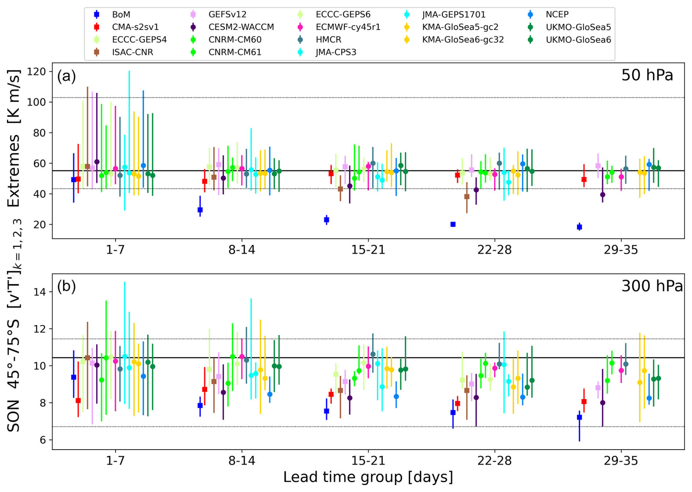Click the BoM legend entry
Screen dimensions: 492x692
121,15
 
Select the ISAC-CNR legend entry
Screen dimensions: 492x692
132,52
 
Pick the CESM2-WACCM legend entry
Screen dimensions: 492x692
241,27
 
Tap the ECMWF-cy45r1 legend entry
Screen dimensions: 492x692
348,27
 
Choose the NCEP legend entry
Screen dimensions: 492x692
557,15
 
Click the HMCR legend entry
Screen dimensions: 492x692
328,40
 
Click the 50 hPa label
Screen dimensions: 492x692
647,75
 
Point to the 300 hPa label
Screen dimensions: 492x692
652,286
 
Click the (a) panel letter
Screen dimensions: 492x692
66,76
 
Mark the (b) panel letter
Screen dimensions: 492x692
66,286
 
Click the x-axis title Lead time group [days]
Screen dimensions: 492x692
368,477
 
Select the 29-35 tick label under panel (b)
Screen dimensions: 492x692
621,461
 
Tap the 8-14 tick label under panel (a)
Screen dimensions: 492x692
241,250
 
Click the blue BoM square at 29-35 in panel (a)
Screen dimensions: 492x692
579,227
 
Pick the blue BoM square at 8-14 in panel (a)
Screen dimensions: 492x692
200,210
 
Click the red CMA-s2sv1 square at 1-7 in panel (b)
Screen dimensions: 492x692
78,401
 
